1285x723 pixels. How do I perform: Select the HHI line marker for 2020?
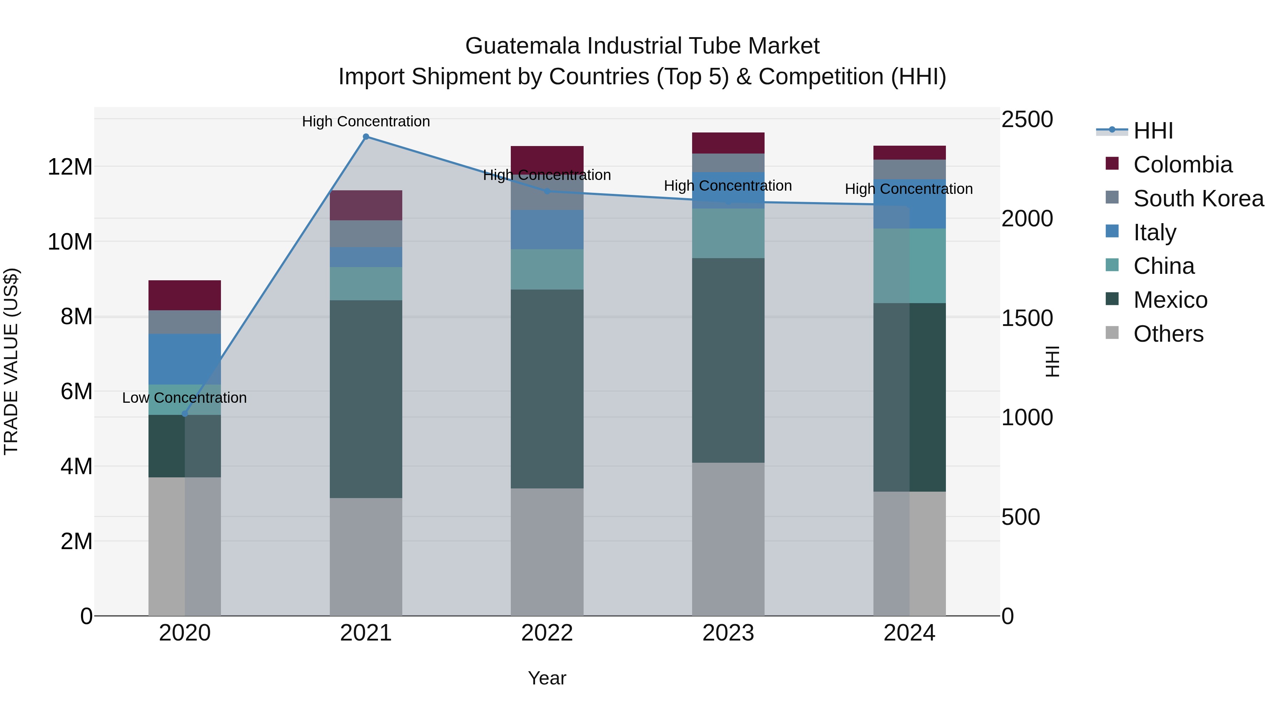185,414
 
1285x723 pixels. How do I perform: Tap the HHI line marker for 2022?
547,191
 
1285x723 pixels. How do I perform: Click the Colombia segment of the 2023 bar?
728,143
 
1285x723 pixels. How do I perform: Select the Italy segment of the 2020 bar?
185,359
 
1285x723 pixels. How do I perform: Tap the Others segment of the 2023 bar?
728,538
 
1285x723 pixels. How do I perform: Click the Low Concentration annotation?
185,398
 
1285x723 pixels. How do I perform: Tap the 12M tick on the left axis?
70,167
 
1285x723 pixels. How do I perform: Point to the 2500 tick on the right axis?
1027,120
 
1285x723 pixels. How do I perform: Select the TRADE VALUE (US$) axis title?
11,361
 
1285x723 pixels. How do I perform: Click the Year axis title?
547,678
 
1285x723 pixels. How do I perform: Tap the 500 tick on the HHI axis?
1020,517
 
